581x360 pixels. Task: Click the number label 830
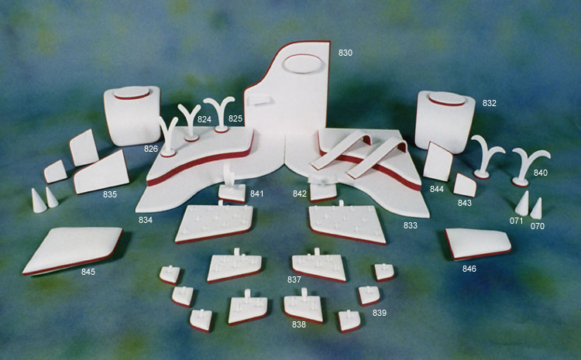pos(345,53)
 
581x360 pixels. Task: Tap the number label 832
pos(489,103)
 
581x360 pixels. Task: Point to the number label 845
pos(88,272)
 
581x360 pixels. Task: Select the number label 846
pos(469,269)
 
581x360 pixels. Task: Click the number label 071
pos(516,221)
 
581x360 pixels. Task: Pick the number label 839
pos(380,313)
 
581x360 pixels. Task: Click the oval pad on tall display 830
pos(303,63)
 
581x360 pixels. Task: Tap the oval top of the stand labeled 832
pos(446,98)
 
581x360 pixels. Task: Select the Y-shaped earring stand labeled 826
pos(168,136)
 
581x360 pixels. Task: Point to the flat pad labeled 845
pos(72,251)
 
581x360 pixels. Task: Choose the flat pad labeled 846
pos(478,244)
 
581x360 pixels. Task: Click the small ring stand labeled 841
pos(232,188)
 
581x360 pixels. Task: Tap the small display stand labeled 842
pos(323,189)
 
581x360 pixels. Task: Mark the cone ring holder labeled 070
pos(536,208)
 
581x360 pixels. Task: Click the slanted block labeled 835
pos(101,172)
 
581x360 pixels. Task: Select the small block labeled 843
pos(465,185)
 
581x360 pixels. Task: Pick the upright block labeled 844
pos(438,162)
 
